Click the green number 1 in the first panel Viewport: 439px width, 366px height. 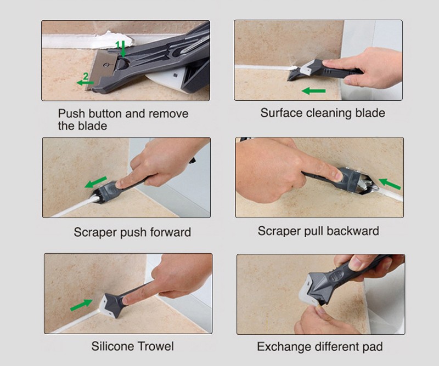coord(118,45)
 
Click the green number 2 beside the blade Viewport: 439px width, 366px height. coord(86,76)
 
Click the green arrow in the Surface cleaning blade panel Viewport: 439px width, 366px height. coord(313,90)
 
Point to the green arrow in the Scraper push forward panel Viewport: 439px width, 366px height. coord(95,182)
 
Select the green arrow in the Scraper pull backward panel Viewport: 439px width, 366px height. coord(390,184)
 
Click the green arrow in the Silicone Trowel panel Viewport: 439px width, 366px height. coord(81,305)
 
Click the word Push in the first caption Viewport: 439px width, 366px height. coord(71,113)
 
